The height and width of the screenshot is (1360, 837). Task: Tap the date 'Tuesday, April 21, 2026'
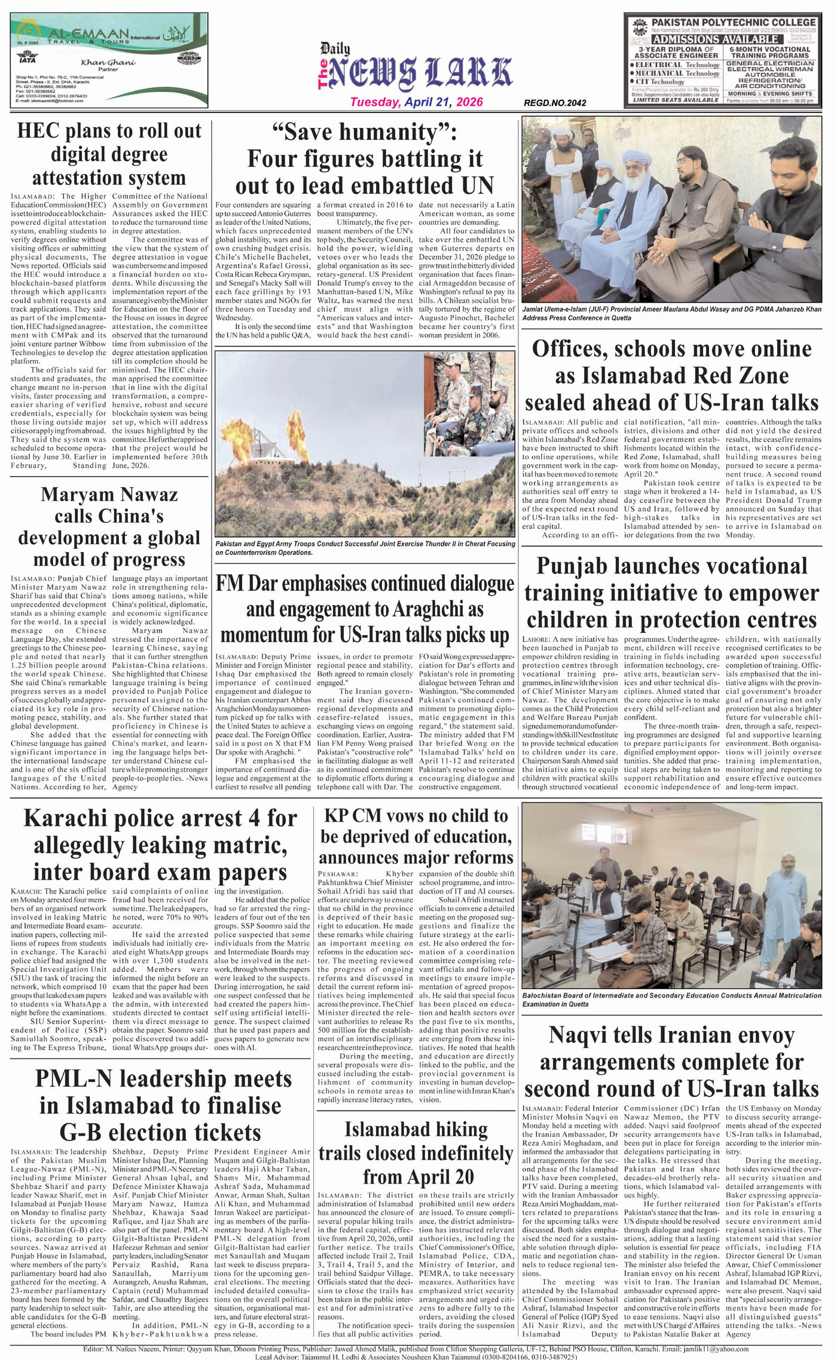416,102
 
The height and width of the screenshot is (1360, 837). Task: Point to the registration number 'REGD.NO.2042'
554,103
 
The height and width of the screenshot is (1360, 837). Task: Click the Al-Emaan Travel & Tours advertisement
109,60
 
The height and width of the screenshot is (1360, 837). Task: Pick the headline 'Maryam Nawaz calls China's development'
109,527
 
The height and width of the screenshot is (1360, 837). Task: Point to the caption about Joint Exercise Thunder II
365,548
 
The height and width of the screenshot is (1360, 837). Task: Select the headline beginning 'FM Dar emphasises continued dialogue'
365,609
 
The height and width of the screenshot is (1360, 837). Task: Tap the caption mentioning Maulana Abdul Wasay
671,313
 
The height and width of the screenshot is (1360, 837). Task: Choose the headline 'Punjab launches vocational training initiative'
671,592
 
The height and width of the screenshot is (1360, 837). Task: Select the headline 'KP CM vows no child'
416,836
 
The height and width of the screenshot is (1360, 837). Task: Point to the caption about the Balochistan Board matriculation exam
671,1000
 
